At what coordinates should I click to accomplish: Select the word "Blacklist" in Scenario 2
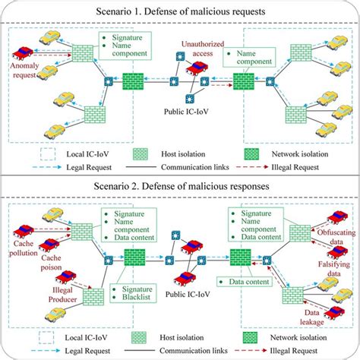136,298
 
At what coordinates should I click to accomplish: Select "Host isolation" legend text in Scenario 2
194,330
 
